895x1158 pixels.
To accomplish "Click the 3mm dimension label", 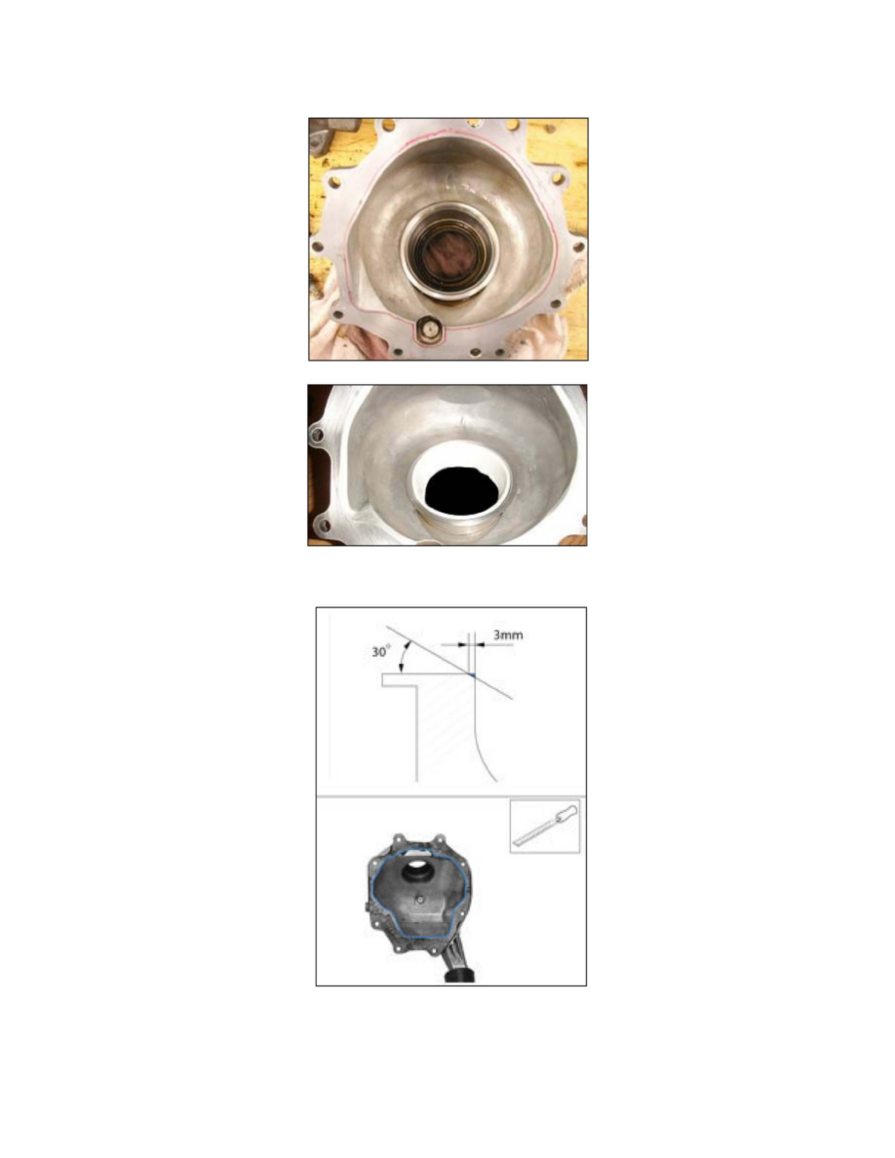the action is (x=508, y=635).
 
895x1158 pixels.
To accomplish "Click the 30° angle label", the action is (x=381, y=652).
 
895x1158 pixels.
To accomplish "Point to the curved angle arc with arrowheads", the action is (x=404, y=657).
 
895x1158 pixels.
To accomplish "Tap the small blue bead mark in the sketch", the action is (x=471, y=675).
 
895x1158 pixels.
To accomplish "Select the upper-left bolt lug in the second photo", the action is (x=317, y=435).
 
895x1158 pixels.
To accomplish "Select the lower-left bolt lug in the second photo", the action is (x=322, y=525).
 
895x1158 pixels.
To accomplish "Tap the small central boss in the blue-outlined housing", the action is (x=419, y=900).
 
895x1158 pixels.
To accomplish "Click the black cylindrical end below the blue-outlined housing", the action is (x=459, y=977).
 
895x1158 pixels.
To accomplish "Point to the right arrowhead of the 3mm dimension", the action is (x=480, y=644).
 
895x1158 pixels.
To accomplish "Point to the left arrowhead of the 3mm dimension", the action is (x=464, y=644).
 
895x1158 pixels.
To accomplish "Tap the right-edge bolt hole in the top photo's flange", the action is (x=578, y=247).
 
